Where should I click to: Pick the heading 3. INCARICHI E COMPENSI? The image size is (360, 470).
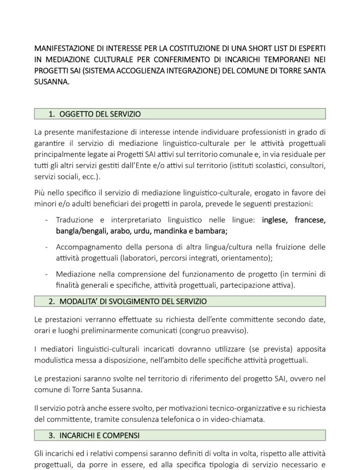pos(94,434)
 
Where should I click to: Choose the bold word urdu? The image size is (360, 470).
pos(148,231)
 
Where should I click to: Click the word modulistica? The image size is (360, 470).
pos(55,360)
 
